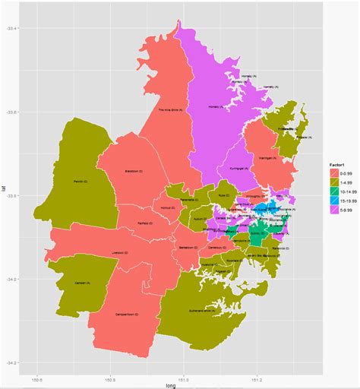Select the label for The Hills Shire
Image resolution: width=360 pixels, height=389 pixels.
(170, 109)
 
